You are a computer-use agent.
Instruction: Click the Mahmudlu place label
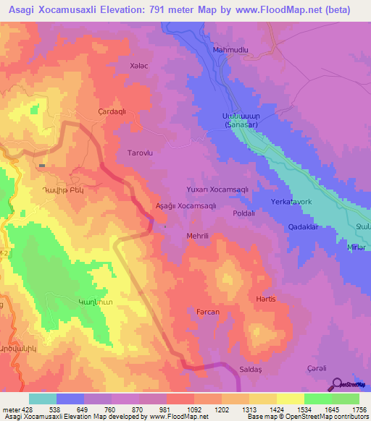pyautogui.click(x=231, y=50)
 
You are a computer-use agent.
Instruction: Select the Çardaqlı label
pyautogui.click(x=112, y=111)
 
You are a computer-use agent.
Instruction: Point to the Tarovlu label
pyautogui.click(x=139, y=153)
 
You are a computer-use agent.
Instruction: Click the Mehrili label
pyautogui.click(x=197, y=236)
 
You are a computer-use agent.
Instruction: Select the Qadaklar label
pyautogui.click(x=304, y=226)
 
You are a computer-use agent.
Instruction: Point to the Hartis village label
pyautogui.click(x=267, y=299)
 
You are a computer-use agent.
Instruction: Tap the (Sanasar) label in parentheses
pyautogui.click(x=241, y=125)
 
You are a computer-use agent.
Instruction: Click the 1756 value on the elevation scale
pyautogui.click(x=359, y=409)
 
